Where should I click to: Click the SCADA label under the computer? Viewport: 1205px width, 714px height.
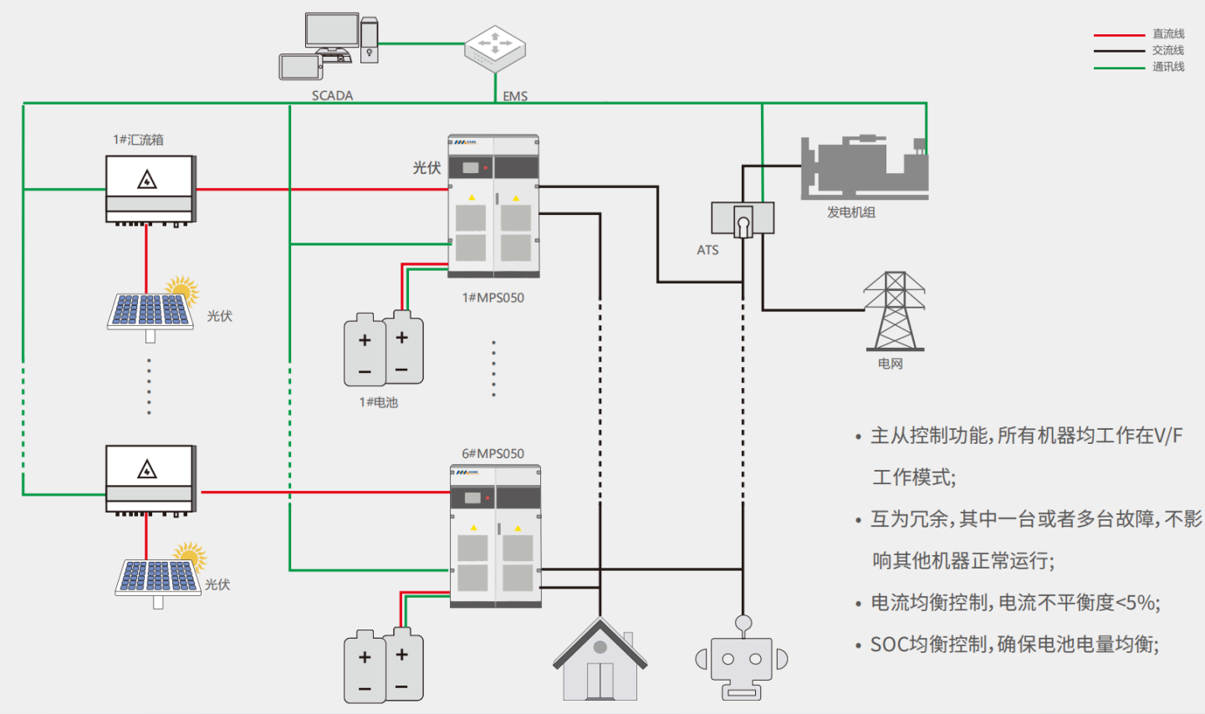(332, 95)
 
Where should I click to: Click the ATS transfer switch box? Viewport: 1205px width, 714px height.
(742, 219)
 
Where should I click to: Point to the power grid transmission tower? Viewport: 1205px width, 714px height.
(894, 310)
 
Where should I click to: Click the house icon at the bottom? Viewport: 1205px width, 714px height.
(600, 660)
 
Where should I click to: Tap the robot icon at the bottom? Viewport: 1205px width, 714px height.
(742, 660)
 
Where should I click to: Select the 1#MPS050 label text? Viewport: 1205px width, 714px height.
(493, 298)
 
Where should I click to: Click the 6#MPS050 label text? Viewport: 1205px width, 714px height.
(493, 453)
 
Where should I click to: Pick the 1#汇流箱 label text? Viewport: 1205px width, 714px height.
(138, 140)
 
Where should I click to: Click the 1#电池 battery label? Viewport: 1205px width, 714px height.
(379, 402)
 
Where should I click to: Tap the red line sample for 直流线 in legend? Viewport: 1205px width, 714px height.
(1119, 35)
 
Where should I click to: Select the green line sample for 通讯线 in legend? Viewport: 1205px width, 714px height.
(1119, 68)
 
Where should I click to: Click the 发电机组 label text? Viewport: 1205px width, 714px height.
(850, 212)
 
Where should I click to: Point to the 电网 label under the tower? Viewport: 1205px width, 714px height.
(890, 364)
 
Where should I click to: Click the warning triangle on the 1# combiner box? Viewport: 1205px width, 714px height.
(147, 180)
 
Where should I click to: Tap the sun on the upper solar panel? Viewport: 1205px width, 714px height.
(181, 289)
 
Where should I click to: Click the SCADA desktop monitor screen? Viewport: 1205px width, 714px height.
(332, 30)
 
